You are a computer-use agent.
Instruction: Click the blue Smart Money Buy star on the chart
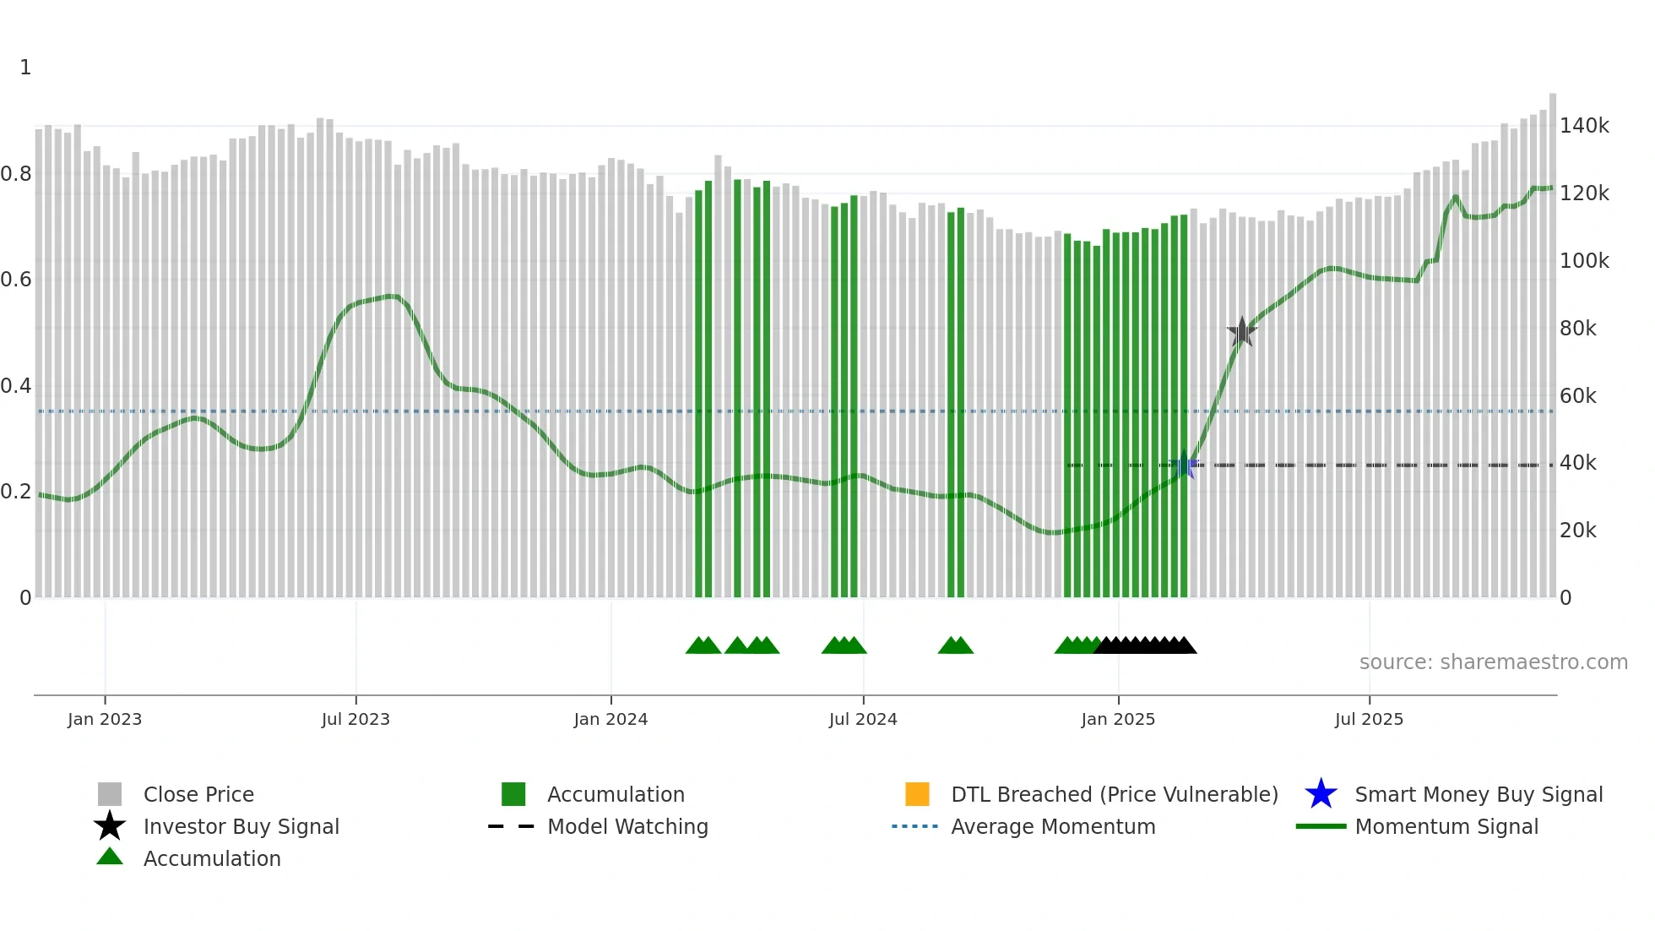tap(1184, 465)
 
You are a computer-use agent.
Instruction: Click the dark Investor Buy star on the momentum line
tap(1241, 332)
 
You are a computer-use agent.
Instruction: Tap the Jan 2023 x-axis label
tap(105, 719)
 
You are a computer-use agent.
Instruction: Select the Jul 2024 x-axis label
tap(863, 719)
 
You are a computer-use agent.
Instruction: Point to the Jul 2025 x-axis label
tap(1369, 719)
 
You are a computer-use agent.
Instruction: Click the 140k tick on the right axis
tap(1584, 126)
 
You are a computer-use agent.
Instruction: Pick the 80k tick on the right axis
tap(1577, 329)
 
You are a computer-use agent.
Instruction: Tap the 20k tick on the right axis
tap(1577, 531)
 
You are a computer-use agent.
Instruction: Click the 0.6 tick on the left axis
tap(16, 280)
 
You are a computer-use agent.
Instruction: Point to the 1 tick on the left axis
tap(25, 68)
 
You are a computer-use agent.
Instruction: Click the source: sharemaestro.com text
tap(1493, 662)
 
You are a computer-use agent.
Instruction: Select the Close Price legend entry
tap(198, 794)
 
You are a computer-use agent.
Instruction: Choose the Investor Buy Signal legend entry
tap(241, 826)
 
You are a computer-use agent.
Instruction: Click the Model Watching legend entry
tap(627, 826)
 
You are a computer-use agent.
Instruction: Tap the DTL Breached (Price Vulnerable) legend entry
tap(1114, 794)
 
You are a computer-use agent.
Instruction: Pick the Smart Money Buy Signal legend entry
tap(1479, 794)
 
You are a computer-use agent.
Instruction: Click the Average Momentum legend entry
tap(1053, 826)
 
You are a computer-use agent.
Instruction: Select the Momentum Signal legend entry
tap(1446, 826)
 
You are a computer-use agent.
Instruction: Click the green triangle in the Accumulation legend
tap(110, 857)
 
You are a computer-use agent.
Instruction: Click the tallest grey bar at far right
tap(1552, 338)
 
